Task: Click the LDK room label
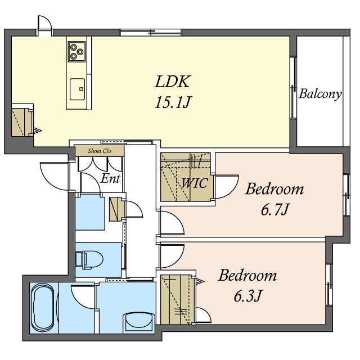[x=173, y=81]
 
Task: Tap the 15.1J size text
[x=173, y=102]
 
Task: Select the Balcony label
[x=320, y=94]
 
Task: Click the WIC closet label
[x=195, y=183]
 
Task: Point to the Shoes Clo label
[x=100, y=151]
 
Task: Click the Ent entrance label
[x=110, y=178]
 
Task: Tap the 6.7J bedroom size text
[x=274, y=209]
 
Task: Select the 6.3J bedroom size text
[x=247, y=296]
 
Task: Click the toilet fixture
[x=89, y=260]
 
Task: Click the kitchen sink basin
[x=78, y=89]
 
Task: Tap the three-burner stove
[x=76, y=51]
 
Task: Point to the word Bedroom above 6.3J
[x=247, y=275]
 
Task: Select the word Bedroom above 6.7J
[x=274, y=189]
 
